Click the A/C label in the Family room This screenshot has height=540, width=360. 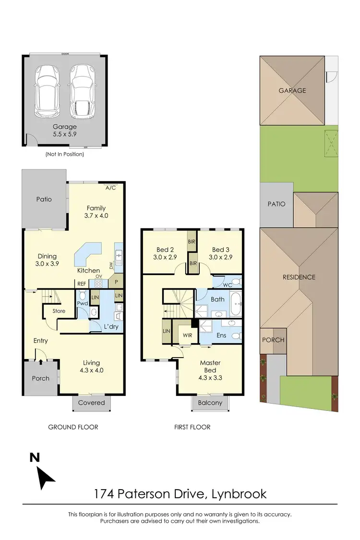pyautogui.click(x=111, y=188)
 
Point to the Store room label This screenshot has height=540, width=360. pyautogui.click(x=59, y=311)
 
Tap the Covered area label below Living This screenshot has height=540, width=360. pyautogui.click(x=91, y=403)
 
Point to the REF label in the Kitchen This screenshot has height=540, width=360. pyautogui.click(x=82, y=284)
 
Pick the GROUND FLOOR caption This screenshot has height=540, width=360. pyautogui.click(x=73, y=427)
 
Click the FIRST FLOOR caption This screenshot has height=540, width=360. pyautogui.click(x=192, y=427)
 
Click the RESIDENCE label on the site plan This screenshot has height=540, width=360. pyautogui.click(x=299, y=277)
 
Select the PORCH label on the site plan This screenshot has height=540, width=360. pyautogui.click(x=273, y=340)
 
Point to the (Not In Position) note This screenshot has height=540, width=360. pyautogui.click(x=64, y=154)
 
